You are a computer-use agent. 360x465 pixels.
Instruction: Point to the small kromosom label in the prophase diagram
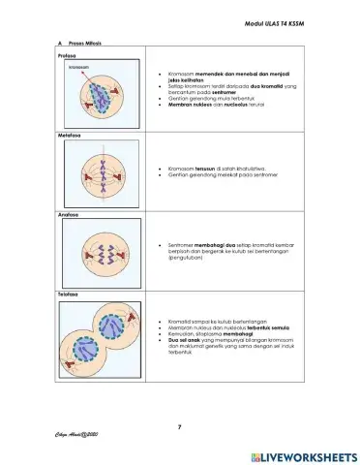pos(78,69)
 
